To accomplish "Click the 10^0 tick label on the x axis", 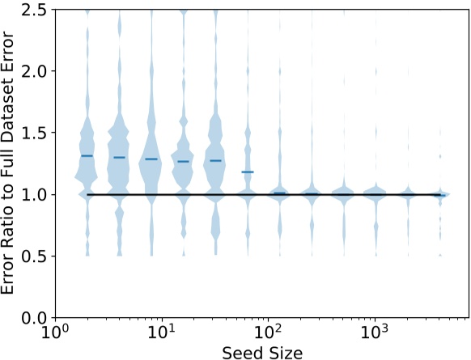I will [x=54, y=333].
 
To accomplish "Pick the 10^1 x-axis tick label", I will [x=161, y=333].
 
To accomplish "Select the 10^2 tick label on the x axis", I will [x=268, y=333].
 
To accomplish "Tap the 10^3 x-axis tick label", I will [x=375, y=333].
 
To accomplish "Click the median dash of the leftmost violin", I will [x=87, y=155].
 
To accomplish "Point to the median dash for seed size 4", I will [x=119, y=157].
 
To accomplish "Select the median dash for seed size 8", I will [x=151, y=159].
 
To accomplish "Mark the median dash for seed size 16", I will [x=183, y=161].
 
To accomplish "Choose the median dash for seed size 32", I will [x=215, y=160].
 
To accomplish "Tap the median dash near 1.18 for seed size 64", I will [x=248, y=172].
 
